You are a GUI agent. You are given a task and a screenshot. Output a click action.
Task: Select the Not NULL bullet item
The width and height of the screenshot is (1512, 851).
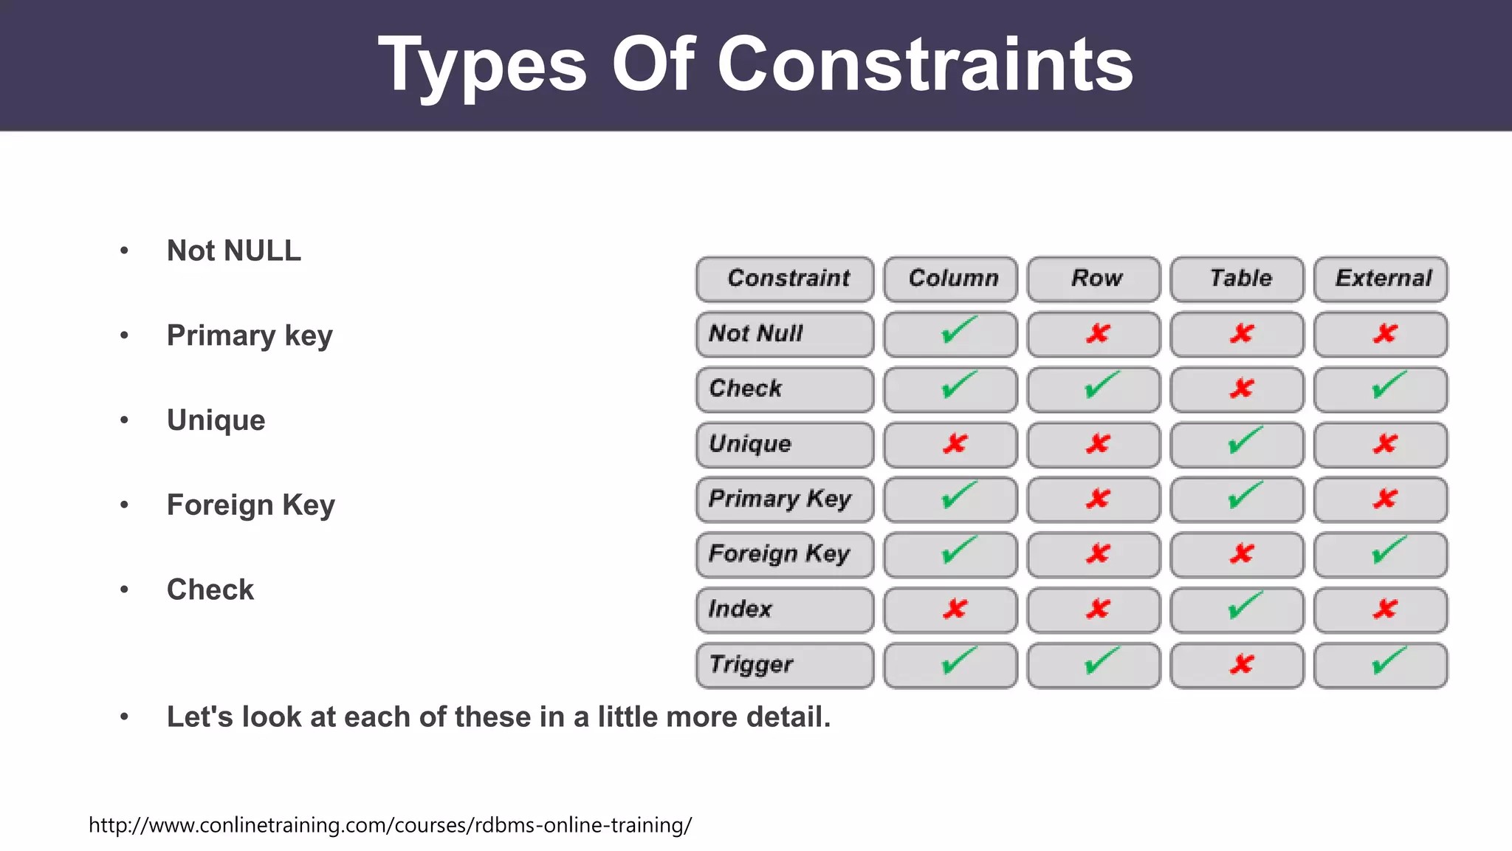(x=233, y=251)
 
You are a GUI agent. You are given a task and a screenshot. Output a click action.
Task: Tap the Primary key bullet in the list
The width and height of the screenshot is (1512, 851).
(x=250, y=336)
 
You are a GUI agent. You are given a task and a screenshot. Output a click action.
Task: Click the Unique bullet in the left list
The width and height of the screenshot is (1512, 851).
(x=216, y=420)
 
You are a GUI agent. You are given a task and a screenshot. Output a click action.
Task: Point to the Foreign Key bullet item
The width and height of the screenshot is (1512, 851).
(x=250, y=505)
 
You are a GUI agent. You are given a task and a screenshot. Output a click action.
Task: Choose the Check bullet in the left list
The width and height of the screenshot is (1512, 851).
(x=210, y=589)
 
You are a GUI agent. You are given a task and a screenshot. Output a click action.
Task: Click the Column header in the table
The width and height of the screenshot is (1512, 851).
(x=952, y=278)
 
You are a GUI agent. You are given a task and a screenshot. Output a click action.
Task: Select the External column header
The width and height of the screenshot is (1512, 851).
(x=1382, y=278)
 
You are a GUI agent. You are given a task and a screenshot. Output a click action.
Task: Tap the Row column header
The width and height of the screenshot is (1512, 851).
(x=1096, y=278)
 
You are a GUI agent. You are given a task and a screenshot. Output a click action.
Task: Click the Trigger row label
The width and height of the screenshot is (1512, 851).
(x=751, y=665)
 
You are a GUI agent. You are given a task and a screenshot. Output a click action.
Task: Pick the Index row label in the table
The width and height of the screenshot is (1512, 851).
(x=740, y=609)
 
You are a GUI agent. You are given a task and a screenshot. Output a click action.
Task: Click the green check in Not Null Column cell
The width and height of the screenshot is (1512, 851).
(x=958, y=331)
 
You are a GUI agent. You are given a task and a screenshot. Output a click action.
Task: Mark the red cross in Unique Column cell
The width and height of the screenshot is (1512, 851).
(x=955, y=443)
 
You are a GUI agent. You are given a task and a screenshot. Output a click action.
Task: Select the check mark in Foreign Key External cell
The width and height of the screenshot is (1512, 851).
(x=1388, y=551)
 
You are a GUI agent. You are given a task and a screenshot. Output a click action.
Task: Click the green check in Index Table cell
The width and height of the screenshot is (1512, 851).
(x=1245, y=606)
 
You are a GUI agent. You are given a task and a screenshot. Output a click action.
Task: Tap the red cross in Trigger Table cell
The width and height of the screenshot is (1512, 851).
(x=1242, y=664)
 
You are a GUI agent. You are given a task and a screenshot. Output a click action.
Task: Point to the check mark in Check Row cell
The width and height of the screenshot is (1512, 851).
(x=1101, y=386)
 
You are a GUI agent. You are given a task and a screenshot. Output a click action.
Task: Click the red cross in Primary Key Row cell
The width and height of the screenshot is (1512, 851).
(x=1098, y=499)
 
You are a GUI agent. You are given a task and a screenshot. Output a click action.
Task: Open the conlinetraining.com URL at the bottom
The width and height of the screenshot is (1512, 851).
(x=390, y=825)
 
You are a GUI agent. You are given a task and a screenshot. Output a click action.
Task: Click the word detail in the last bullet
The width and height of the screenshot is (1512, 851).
(x=787, y=717)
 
